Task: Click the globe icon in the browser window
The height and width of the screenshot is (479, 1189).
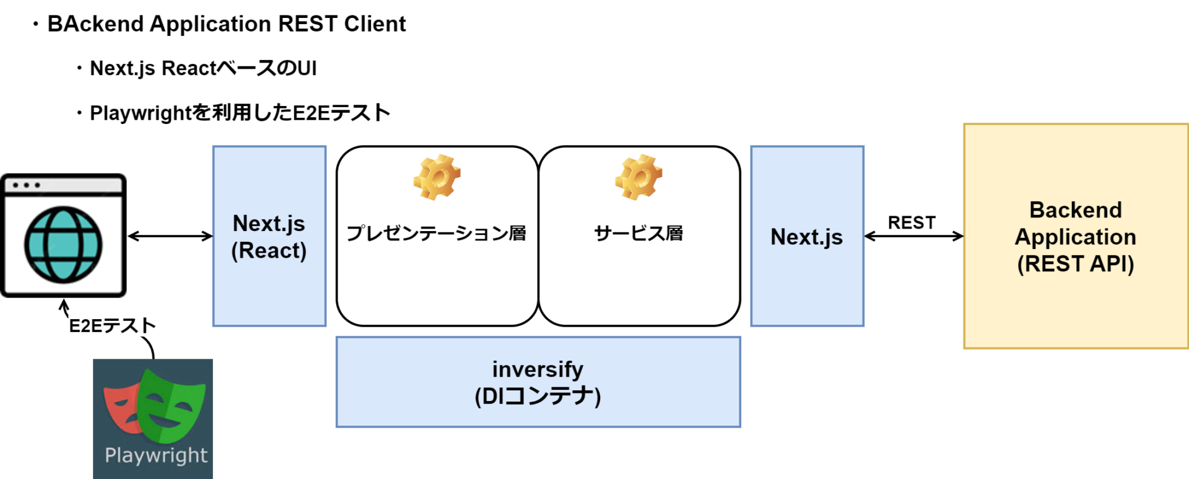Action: [63, 245]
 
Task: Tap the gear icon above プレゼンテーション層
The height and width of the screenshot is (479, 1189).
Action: [437, 177]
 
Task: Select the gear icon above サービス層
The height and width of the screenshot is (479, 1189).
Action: [638, 177]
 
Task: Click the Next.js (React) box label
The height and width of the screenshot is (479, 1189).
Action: [269, 237]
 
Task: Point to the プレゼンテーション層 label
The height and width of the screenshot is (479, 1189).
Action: [437, 234]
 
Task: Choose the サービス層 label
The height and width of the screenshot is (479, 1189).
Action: [638, 234]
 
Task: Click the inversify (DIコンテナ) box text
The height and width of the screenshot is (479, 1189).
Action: [538, 382]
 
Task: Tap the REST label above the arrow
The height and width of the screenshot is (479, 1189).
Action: [912, 222]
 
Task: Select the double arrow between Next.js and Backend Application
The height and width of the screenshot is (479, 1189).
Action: [913, 236]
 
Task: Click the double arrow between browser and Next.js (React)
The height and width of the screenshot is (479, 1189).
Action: [170, 236]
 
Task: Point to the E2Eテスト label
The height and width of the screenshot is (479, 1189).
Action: [112, 326]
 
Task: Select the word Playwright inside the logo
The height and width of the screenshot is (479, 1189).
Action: [156, 455]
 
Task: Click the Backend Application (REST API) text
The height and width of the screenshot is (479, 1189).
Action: [1076, 237]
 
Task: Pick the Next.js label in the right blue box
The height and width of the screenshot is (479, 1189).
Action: [806, 237]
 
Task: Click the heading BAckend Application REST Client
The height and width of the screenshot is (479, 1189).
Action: [226, 24]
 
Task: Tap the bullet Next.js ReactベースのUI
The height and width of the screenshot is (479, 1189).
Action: [203, 68]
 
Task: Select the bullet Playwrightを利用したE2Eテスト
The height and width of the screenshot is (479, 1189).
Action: [240, 113]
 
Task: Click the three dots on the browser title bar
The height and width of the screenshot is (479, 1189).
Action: [27, 185]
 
